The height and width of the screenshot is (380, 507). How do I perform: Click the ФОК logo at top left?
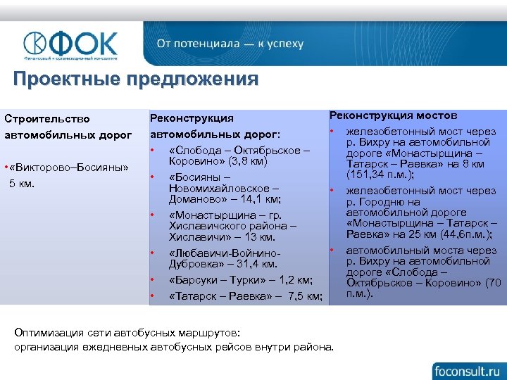70,45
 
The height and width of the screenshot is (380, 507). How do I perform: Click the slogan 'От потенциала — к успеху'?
230,44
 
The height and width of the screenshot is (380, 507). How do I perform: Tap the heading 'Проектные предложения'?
136,79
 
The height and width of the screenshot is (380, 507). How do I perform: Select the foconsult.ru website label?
467,368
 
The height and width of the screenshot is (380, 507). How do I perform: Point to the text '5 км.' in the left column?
25,184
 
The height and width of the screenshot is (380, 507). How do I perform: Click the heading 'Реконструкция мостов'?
393,115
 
